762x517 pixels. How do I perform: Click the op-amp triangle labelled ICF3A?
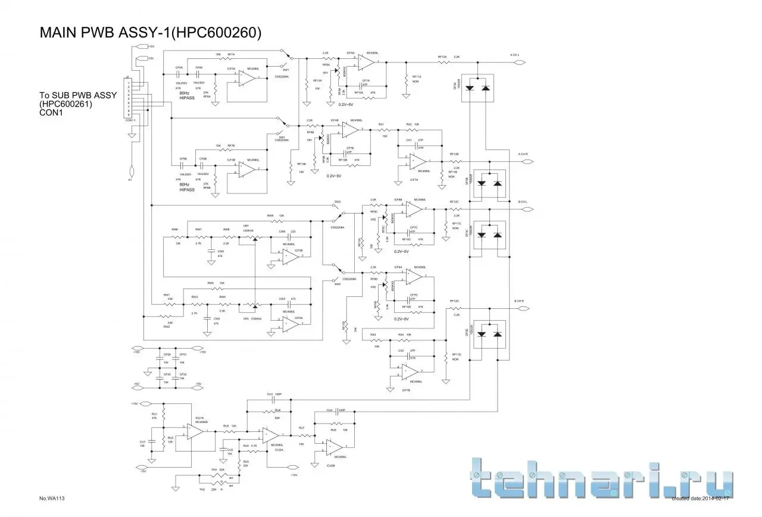tap(245, 78)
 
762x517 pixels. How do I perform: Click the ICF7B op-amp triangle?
tap(409, 371)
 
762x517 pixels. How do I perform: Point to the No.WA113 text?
tap(51, 499)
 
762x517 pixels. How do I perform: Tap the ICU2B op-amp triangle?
tap(335, 447)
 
